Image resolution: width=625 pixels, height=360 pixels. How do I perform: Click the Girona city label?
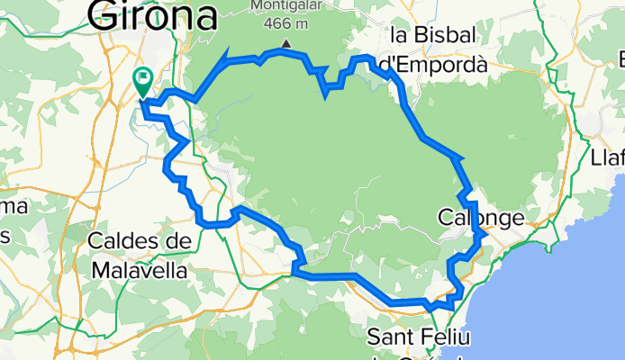pyautogui.click(x=153, y=14)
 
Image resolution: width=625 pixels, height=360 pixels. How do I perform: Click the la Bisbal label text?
pyautogui.click(x=438, y=36)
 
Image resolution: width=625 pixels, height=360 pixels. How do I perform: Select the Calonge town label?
pyautogui.click(x=480, y=218)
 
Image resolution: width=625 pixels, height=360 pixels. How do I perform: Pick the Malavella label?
pyautogui.click(x=140, y=269)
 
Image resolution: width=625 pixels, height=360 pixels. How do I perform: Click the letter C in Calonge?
pyautogui.click(x=445, y=218)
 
